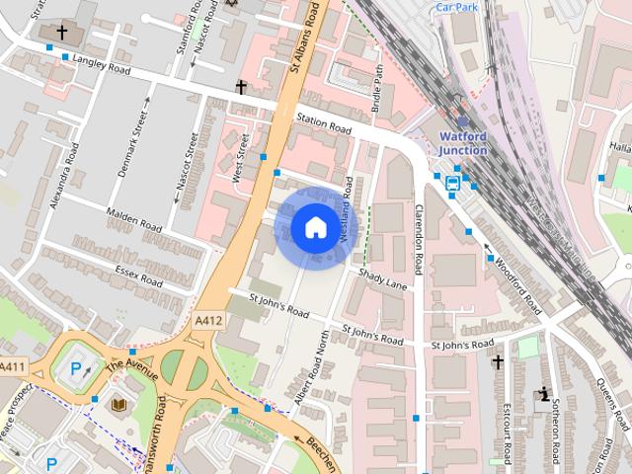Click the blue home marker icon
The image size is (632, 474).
point(313,228)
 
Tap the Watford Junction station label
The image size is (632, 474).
point(462,143)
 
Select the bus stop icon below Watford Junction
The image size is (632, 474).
point(453,184)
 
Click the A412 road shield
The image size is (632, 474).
point(207,321)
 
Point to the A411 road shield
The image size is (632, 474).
point(13,367)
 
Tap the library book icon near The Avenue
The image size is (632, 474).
point(118,406)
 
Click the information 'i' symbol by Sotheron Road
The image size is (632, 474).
point(543,396)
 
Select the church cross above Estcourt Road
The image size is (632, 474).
point(498,363)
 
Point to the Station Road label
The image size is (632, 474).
point(324,124)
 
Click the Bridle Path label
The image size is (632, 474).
point(377,87)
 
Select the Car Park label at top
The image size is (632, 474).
point(457,6)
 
